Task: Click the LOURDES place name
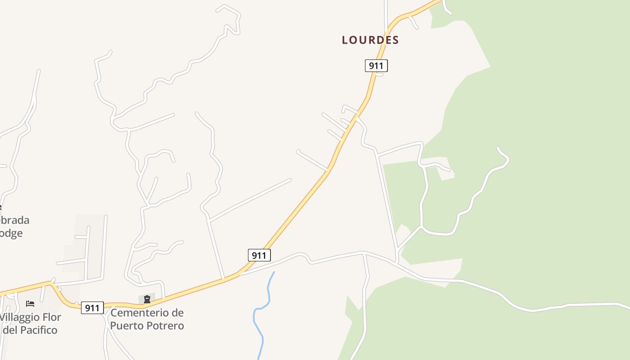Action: pos(370,40)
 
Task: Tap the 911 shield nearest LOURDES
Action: pos(376,66)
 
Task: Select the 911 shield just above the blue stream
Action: pos(259,255)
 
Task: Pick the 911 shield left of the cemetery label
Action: pos(92,308)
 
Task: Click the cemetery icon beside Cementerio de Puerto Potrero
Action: pos(147,299)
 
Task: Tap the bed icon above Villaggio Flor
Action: pos(30,304)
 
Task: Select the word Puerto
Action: pos(127,325)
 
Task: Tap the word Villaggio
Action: pos(20,317)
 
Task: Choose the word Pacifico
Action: pos(38,330)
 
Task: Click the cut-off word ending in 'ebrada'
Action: pos(13,220)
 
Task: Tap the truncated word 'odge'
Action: pos(11,233)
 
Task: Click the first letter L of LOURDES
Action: pos(345,40)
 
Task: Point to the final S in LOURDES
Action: pos(396,40)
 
